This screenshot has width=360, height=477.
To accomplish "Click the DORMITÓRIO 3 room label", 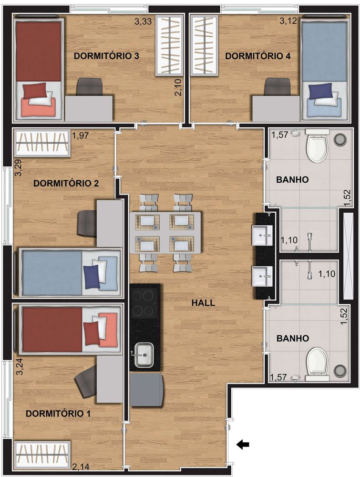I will click(106, 56).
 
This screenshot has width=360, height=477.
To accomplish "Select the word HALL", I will click(203, 303).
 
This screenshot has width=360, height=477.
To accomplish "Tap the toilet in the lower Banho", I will click(317, 361).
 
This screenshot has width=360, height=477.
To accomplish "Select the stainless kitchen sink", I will click(143, 355).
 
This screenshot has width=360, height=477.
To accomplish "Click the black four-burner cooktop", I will click(144, 303).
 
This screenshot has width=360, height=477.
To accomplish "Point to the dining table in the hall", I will click(165, 233).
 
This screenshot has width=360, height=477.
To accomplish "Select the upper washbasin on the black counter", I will click(262, 234).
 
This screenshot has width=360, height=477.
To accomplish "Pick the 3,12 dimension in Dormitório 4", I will click(288, 21).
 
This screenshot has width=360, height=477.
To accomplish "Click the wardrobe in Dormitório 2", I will click(41, 142).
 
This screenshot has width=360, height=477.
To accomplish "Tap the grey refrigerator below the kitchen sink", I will click(145, 389).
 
